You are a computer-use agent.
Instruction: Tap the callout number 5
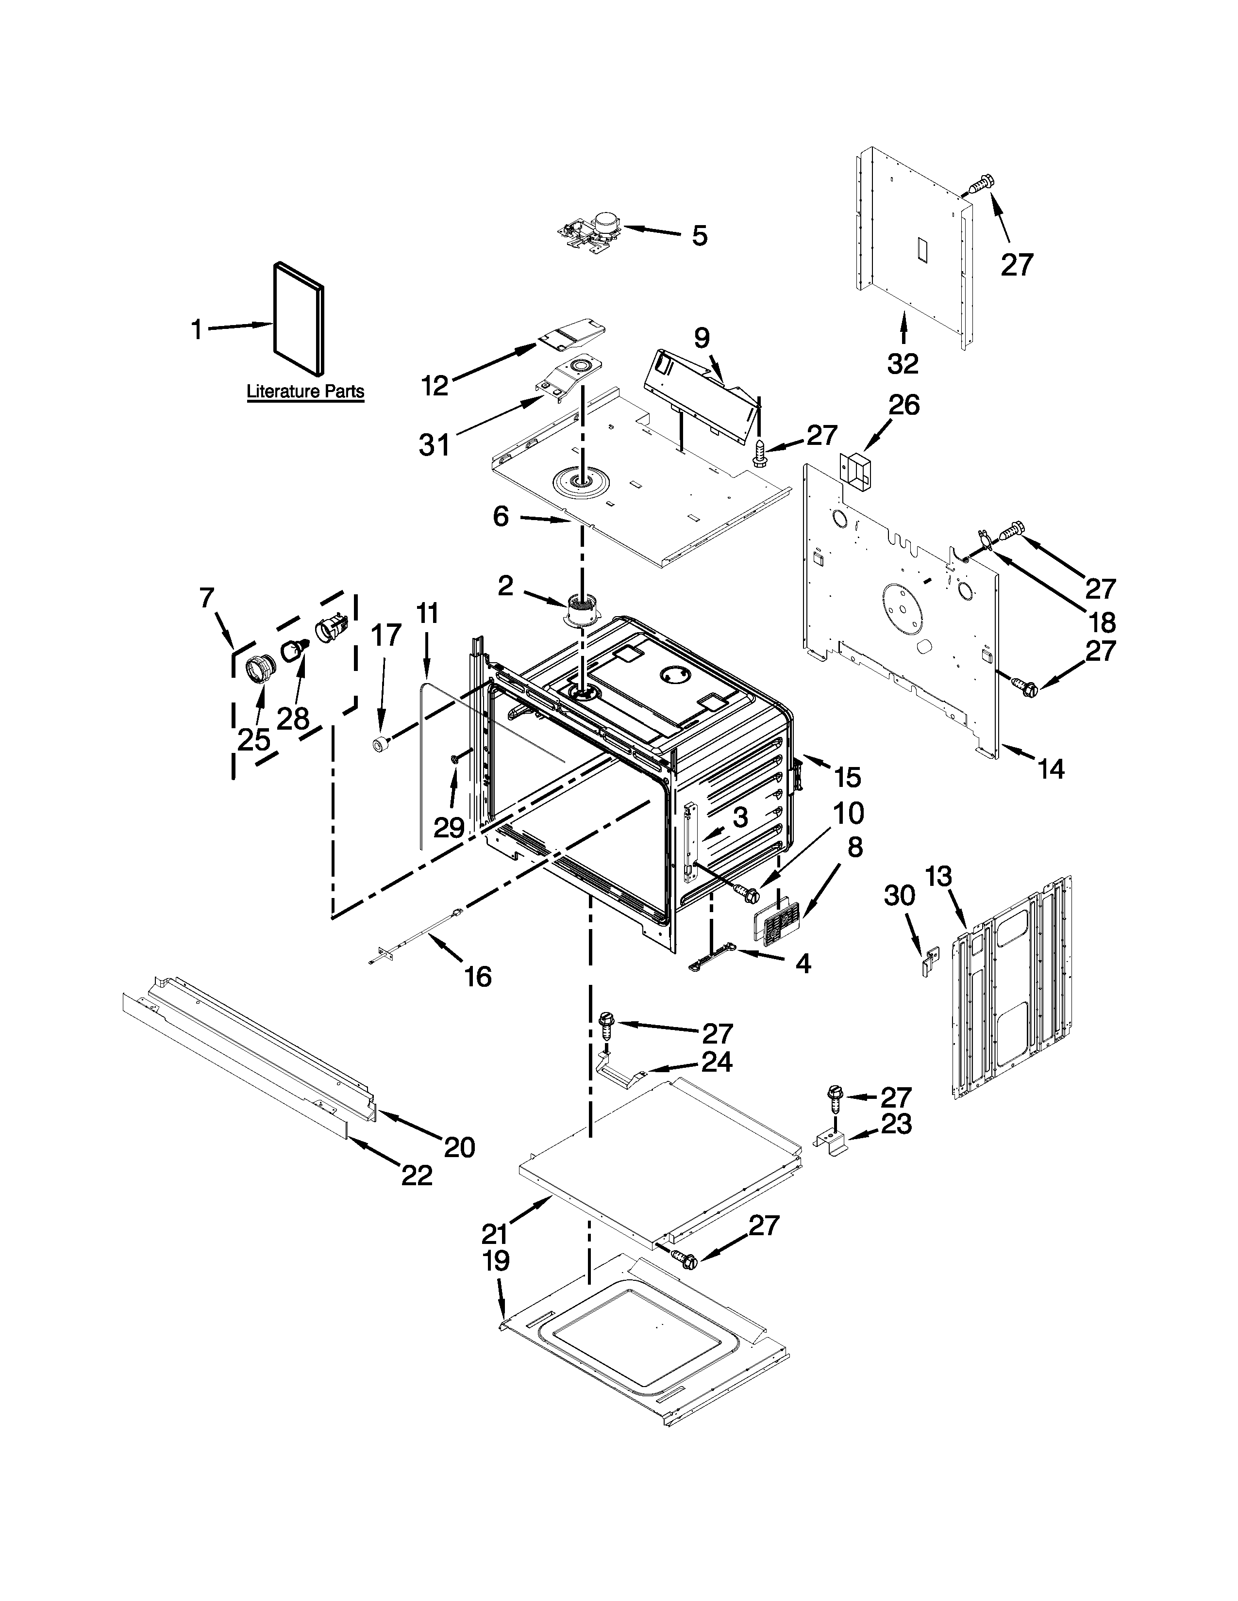click(x=699, y=236)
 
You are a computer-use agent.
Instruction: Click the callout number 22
click(x=416, y=1176)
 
